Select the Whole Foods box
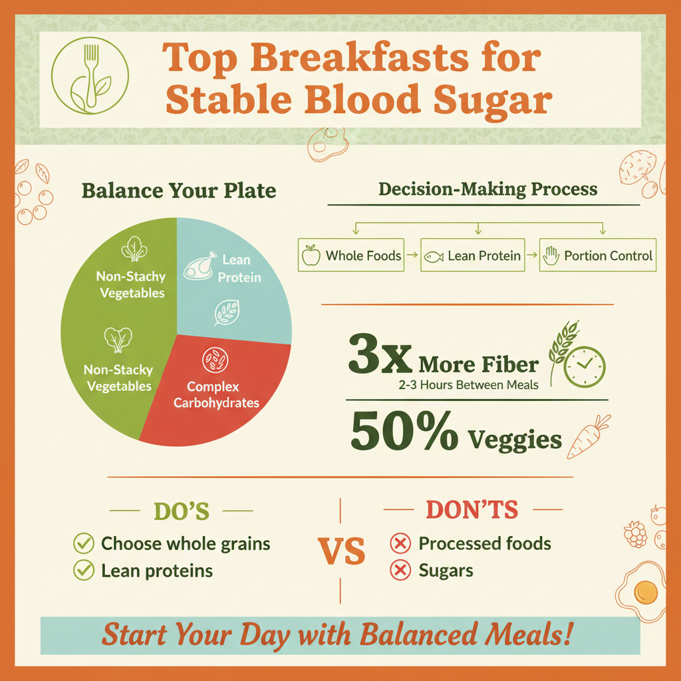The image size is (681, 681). coord(350,256)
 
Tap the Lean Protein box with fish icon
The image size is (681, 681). coord(472,256)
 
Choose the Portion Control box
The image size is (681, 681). coord(597,256)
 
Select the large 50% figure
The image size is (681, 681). coord(404,433)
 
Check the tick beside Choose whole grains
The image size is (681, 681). coord(83,544)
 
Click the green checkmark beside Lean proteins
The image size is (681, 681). coord(83,570)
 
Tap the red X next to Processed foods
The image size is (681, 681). coord(400,544)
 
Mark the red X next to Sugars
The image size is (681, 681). coord(400,571)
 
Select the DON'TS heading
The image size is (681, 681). coord(472,510)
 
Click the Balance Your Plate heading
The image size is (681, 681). coord(178,191)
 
